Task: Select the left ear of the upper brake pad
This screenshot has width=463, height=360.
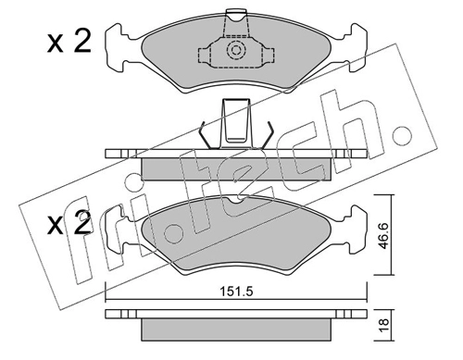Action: [x=119, y=43]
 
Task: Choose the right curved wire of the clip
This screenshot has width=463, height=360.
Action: [x=264, y=135]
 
